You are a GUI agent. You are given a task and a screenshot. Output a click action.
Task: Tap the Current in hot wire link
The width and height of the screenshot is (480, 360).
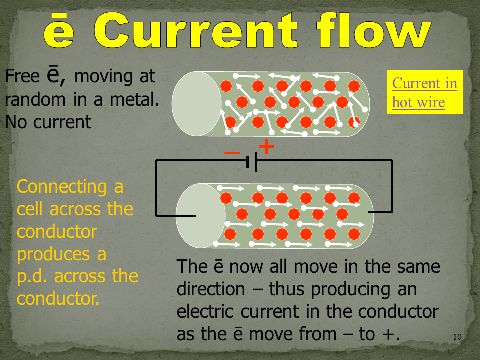pyautogui.click(x=424, y=92)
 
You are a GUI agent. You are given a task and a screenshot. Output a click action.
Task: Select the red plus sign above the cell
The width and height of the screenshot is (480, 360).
pyautogui.click(x=266, y=147)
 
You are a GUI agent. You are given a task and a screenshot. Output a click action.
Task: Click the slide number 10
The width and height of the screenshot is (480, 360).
pyautogui.click(x=457, y=337)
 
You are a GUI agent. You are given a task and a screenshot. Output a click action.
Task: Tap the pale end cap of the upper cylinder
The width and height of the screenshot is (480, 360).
pyautogui.click(x=196, y=103)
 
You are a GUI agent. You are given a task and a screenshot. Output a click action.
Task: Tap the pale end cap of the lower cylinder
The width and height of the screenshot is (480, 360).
pyautogui.click(x=200, y=215)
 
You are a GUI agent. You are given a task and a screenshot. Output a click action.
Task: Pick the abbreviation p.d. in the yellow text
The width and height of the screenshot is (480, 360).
pyautogui.click(x=36, y=276)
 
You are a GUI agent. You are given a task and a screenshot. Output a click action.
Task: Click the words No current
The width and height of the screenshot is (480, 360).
pyautogui.click(x=48, y=122)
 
